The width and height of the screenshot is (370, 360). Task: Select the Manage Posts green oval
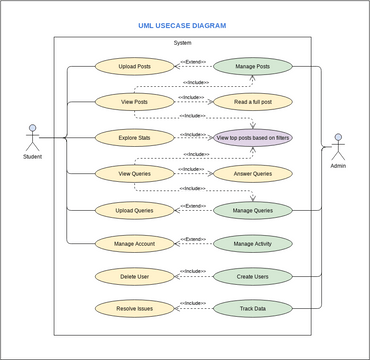pyautogui.click(x=253, y=67)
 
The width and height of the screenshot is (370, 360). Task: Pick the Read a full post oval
pyautogui.click(x=253, y=101)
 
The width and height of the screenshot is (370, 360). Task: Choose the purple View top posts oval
pyautogui.click(x=253, y=137)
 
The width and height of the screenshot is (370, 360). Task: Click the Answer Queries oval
pyautogui.click(x=253, y=173)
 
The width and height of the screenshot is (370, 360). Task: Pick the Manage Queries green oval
pyautogui.click(x=253, y=210)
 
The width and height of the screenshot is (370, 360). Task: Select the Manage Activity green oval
pyautogui.click(x=253, y=243)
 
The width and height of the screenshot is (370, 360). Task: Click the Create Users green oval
pyautogui.click(x=253, y=276)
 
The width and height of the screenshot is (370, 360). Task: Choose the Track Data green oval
pyautogui.click(x=253, y=309)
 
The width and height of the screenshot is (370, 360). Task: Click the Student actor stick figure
pyautogui.click(x=32, y=137)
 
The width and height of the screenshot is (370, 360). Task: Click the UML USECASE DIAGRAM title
pyautogui.click(x=182, y=25)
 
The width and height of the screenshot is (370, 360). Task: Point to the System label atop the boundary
pyautogui.click(x=182, y=43)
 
